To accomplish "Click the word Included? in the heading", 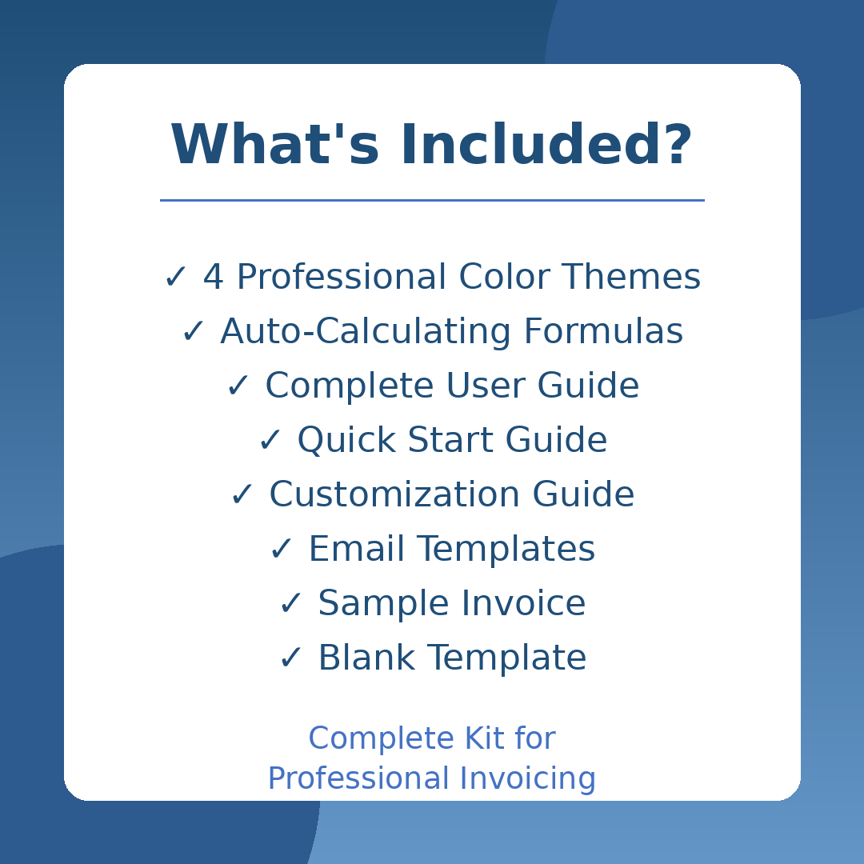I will click(546, 146).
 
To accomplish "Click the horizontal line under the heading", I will click(432, 200).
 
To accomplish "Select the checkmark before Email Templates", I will click(281, 550).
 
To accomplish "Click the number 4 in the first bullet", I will click(213, 278).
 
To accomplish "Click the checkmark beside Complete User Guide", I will click(238, 387).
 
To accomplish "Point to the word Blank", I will click(366, 659).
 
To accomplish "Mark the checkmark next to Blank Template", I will click(290, 659).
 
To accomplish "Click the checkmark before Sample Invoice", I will click(290, 605).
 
